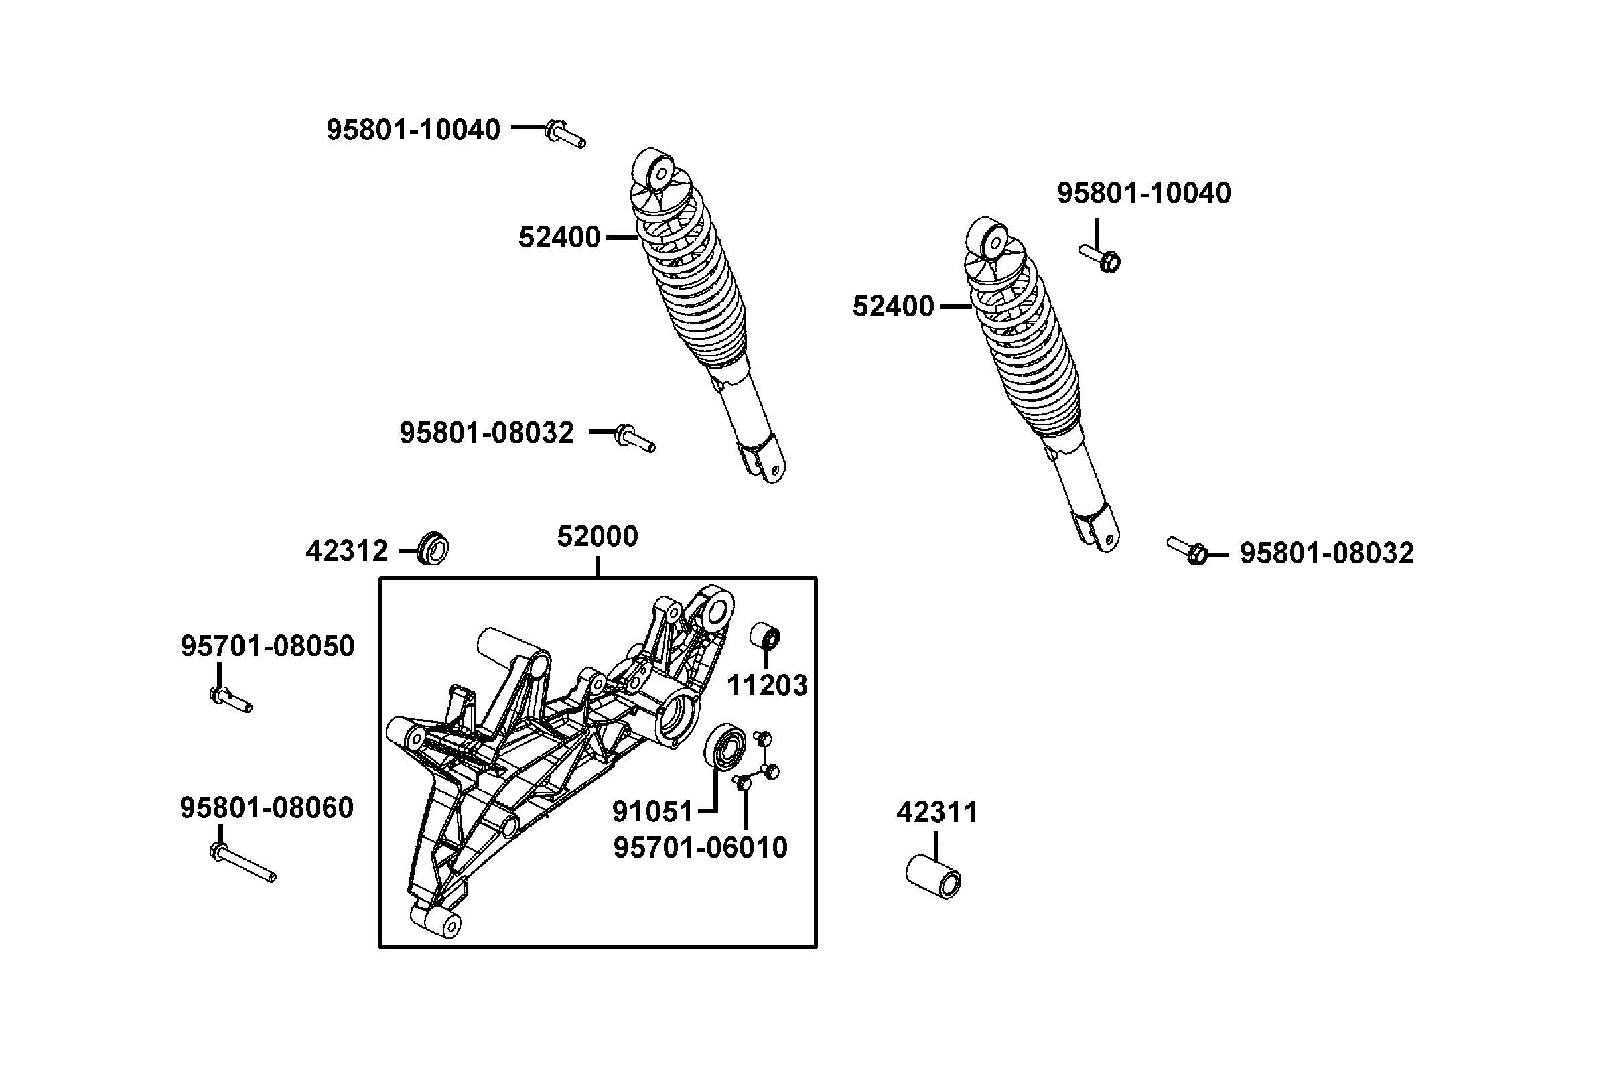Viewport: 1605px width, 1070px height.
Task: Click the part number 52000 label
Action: click(x=597, y=537)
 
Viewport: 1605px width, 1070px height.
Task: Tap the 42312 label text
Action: click(x=346, y=551)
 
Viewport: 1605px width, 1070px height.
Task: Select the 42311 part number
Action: click(x=936, y=812)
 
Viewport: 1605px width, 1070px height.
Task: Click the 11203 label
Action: click(x=767, y=685)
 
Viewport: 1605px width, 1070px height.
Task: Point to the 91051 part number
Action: click(x=652, y=811)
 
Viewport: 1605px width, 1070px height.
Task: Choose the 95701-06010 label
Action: click(x=700, y=847)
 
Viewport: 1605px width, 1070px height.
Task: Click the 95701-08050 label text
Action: click(x=267, y=645)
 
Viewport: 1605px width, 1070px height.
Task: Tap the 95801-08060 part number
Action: click(x=267, y=807)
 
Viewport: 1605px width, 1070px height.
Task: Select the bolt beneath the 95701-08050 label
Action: click(x=230, y=699)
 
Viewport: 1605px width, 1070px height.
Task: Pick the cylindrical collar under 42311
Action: click(x=933, y=877)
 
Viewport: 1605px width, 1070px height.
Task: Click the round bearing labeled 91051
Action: click(x=724, y=748)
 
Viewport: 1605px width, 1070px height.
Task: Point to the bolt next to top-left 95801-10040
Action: click(x=565, y=133)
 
